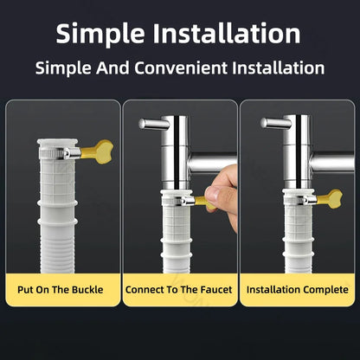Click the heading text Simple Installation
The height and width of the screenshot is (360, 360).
click(x=180, y=33)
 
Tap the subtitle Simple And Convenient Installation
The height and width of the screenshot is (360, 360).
click(x=180, y=67)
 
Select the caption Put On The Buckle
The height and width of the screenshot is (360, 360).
click(x=62, y=288)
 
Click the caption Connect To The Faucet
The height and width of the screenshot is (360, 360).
click(x=179, y=288)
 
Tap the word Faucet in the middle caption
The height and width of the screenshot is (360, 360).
click(x=214, y=288)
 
